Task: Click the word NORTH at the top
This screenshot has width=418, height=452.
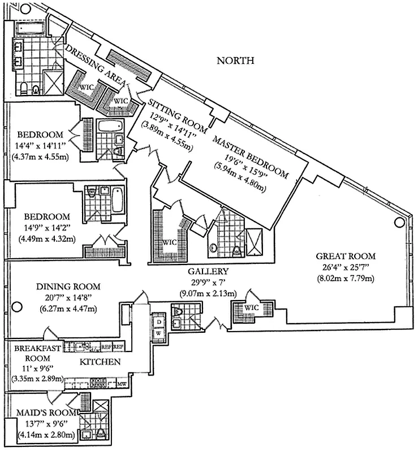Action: click(x=236, y=60)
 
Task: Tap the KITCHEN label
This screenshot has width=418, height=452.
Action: click(x=99, y=362)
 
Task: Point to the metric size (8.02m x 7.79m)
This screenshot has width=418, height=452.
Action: click(x=347, y=279)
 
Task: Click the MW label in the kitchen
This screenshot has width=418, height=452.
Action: click(x=121, y=384)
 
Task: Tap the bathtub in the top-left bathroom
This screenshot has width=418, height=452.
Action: click(x=29, y=28)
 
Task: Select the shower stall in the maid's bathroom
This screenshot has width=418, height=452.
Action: click(x=101, y=408)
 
